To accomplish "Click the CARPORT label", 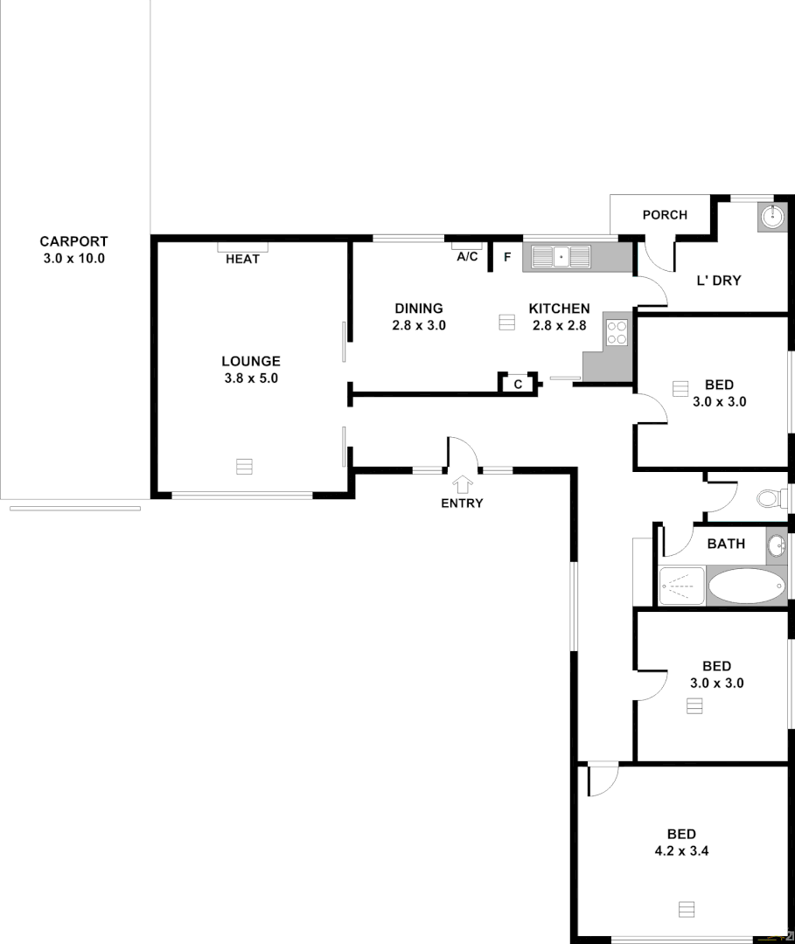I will click(x=73, y=241).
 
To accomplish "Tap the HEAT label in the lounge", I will click(x=242, y=259).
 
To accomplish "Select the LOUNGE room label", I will click(x=250, y=361).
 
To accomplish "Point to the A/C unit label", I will click(x=467, y=256).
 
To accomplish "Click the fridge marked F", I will click(x=507, y=257).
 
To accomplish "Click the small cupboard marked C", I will click(x=518, y=384).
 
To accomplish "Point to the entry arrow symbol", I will click(x=462, y=483).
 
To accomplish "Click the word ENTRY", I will click(x=462, y=503).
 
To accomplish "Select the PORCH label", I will click(x=665, y=215).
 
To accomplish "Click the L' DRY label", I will click(x=718, y=281).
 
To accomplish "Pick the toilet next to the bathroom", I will click(x=769, y=498).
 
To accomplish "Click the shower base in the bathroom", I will click(x=681, y=585).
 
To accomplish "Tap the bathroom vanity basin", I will click(x=776, y=547).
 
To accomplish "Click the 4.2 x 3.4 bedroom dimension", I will click(x=681, y=850).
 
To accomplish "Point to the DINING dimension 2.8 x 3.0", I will click(x=419, y=325).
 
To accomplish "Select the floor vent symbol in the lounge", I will click(x=244, y=466).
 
